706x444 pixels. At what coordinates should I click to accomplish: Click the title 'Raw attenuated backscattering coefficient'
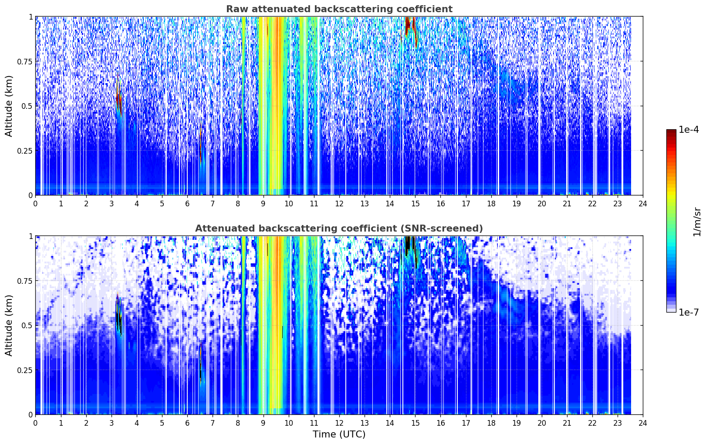coord(339,9)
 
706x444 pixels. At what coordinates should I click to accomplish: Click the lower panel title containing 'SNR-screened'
coord(339,228)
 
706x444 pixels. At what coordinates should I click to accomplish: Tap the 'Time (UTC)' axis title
coord(339,434)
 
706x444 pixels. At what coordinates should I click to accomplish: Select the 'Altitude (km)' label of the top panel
coord(9,106)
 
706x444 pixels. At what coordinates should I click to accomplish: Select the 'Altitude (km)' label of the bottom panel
coord(9,326)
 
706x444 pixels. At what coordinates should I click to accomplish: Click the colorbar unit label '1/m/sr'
coord(697,222)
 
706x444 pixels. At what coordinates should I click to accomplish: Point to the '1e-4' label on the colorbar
coord(689,129)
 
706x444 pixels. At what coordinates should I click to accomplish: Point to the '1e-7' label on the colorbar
coord(689,312)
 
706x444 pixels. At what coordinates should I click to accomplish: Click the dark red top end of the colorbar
coord(671,131)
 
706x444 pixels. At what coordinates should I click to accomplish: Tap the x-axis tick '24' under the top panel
coord(643,204)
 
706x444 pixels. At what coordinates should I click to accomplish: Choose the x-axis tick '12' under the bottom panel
coord(339,423)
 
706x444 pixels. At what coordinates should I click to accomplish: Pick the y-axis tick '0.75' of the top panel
coord(24,61)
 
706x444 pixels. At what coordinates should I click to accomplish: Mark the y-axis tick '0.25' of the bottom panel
coord(24,370)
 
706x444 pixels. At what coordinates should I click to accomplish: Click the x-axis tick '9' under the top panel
coord(263,204)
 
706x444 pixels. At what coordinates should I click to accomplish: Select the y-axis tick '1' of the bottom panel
coord(31,236)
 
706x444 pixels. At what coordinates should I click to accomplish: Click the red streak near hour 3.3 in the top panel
coord(119,98)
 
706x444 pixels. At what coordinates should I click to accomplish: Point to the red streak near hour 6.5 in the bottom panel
coord(200,362)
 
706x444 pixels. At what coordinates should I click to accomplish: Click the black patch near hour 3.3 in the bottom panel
coord(118,318)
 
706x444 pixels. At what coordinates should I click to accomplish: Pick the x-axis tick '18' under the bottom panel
coord(491,423)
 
